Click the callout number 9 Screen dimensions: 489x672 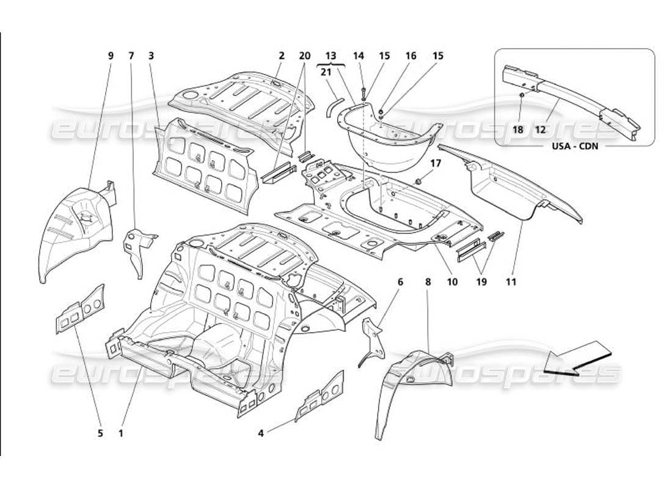111,56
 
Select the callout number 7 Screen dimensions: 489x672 131,56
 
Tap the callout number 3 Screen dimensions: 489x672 150,56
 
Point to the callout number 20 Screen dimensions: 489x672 304,56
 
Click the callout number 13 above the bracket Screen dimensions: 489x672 331,56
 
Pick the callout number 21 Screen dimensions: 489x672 326,72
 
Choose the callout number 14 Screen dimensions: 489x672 359,56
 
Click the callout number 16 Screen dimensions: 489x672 411,56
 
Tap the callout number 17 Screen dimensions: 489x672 435,163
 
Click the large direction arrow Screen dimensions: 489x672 577,360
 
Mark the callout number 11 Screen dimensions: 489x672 511,282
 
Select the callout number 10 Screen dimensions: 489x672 453,282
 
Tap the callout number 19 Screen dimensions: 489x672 482,282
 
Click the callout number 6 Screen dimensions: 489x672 400,282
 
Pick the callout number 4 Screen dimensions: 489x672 261,433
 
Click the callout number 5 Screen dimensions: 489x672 100,433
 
